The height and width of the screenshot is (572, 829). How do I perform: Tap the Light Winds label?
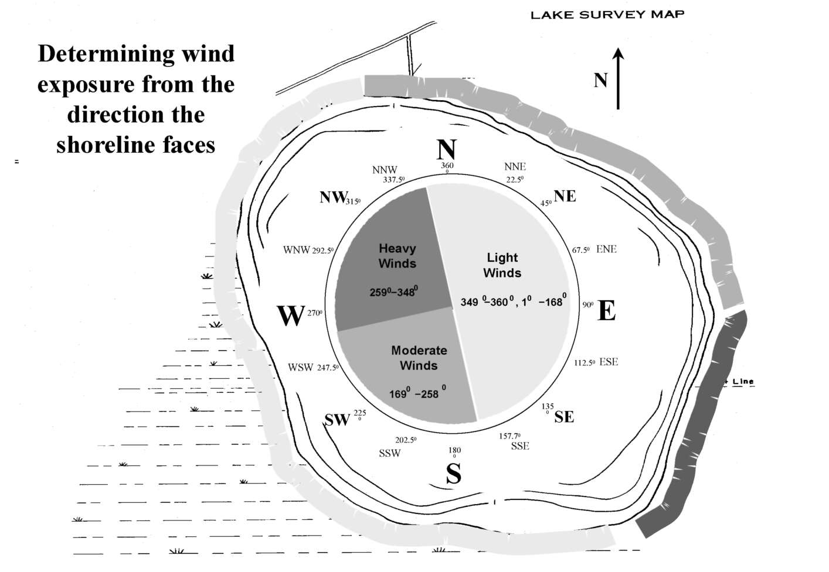(502, 265)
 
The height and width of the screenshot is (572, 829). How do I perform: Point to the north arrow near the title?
(618, 79)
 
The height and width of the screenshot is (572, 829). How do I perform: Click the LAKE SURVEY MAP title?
(607, 15)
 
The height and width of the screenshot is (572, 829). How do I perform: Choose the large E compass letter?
(606, 311)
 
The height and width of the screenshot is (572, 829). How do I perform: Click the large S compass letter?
(453, 474)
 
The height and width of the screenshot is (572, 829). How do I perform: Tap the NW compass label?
(333, 197)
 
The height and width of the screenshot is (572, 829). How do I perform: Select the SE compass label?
(564, 417)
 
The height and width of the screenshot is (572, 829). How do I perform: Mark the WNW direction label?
(296, 250)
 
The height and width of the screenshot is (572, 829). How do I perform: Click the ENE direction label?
(606, 249)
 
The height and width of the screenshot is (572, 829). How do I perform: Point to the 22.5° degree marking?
(515, 180)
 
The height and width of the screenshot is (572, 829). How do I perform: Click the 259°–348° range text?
(393, 292)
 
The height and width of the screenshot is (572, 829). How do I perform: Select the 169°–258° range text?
(417, 393)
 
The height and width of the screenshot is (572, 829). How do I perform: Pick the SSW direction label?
(390, 453)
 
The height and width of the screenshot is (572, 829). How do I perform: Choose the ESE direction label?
(609, 362)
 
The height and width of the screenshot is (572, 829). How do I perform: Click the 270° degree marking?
(315, 313)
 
